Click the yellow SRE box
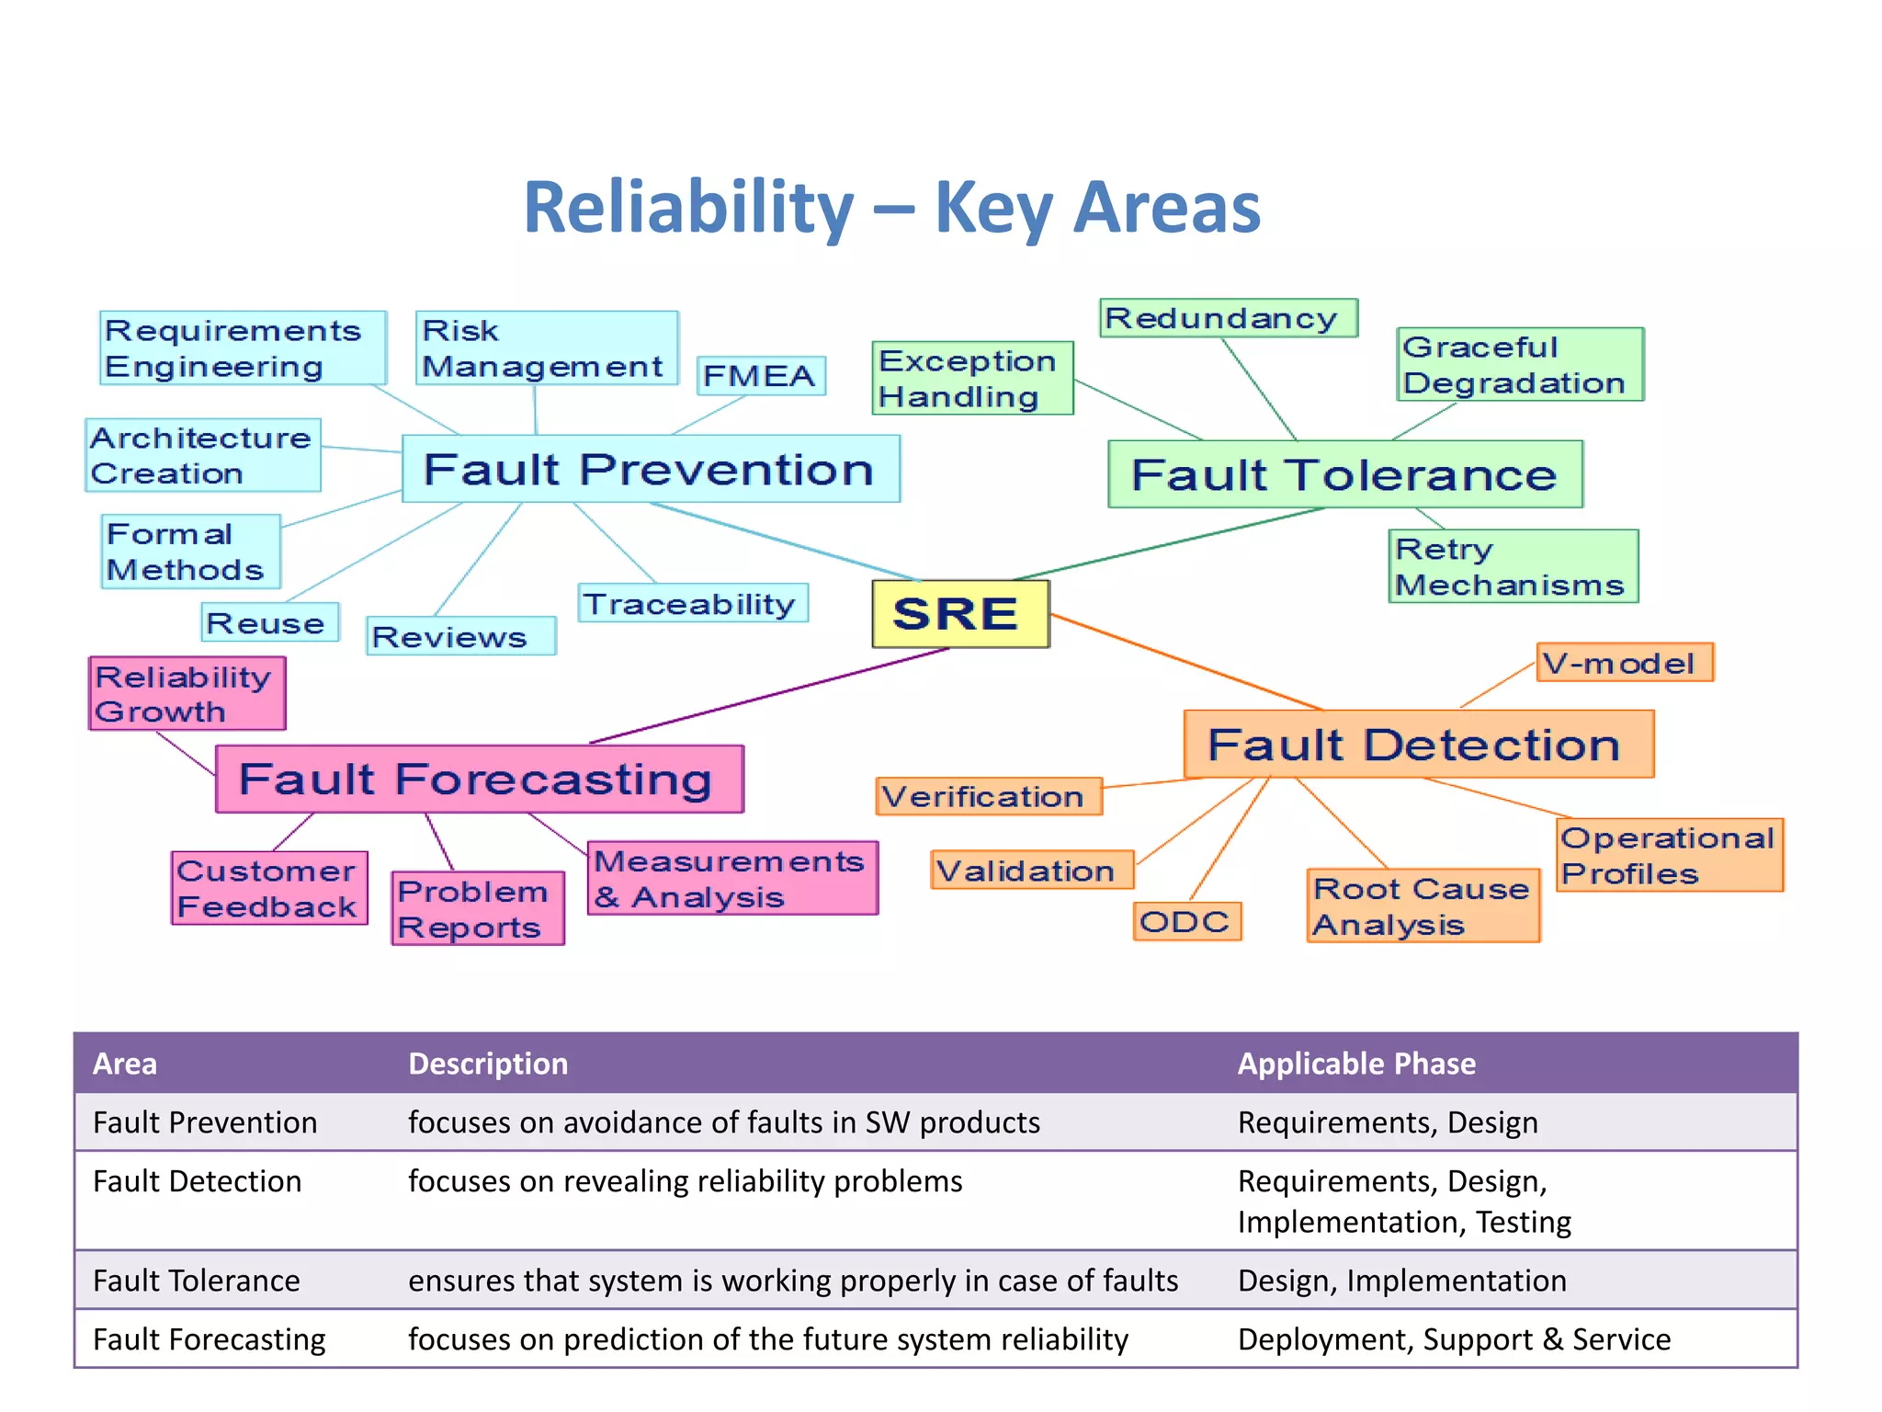click(960, 614)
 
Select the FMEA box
click(761, 376)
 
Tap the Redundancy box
click(1228, 318)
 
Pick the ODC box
click(1186, 921)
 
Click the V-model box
click(1624, 663)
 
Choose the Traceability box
click(693, 603)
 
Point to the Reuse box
click(269, 622)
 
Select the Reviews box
click(460, 636)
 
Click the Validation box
click(1032, 870)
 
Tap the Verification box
click(989, 796)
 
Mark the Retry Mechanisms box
click(1513, 566)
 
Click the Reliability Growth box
click(187, 693)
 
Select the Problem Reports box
click(477, 908)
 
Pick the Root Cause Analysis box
click(1423, 905)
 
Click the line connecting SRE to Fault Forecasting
click(770, 696)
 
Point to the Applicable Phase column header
click(1356, 1064)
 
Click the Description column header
click(488, 1064)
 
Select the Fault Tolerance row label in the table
click(197, 1281)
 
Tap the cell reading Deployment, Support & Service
click(1454, 1339)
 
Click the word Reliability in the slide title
click(688, 208)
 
